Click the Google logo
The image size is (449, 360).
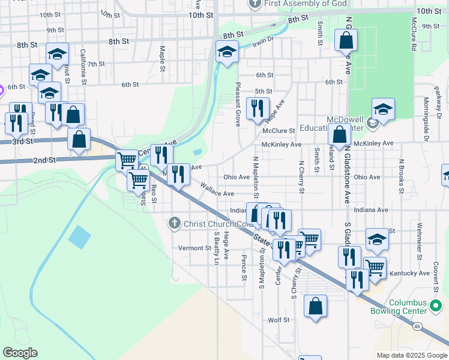20,353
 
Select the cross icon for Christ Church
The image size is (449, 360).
175,224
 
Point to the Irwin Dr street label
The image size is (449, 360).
263,41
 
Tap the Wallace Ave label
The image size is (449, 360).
217,193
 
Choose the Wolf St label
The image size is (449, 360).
279,320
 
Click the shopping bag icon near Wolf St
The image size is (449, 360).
315,306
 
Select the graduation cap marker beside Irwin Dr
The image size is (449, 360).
227,52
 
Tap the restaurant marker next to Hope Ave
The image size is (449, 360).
258,108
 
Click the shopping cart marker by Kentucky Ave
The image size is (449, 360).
375,268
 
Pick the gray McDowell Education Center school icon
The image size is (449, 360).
372,124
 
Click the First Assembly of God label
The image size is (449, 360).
306,3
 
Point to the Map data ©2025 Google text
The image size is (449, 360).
411,355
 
